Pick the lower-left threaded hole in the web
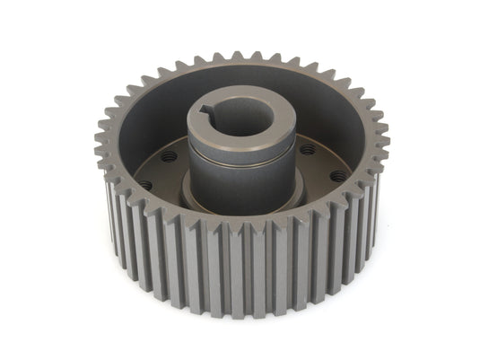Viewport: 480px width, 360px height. coord(146,184)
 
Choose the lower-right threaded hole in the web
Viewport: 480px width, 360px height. coord(337,176)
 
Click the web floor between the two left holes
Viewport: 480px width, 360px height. coord(154,171)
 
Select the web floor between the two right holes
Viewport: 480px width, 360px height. coord(324,163)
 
